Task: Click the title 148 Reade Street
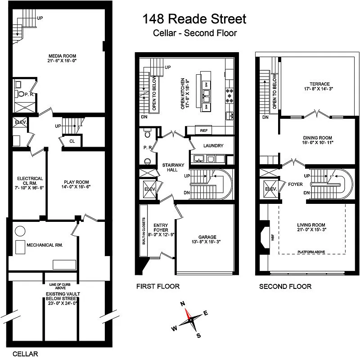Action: pos(194,19)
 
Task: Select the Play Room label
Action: pos(63,183)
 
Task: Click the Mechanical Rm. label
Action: pos(44,245)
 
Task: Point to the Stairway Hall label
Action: pos(173,168)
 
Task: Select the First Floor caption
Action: pos(157,286)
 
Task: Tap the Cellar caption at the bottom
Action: pos(25,354)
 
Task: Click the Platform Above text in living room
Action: pos(311,252)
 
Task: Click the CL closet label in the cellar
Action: pos(72,141)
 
